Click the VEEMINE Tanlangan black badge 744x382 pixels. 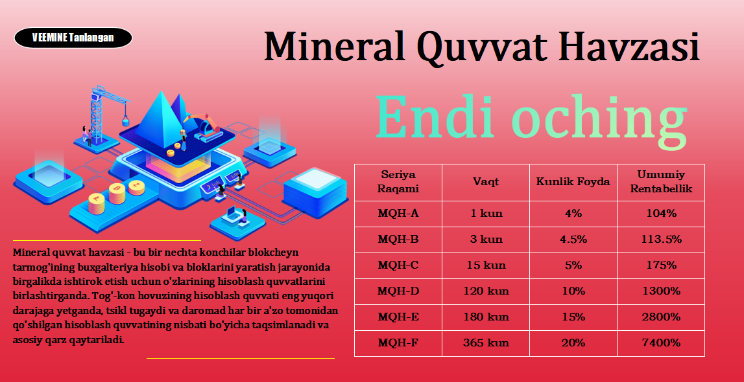click(73, 38)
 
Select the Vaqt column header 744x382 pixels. click(486, 182)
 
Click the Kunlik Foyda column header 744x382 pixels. click(573, 182)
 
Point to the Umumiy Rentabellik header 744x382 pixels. click(661, 182)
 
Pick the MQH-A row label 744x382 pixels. click(398, 214)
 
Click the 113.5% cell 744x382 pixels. click(661, 239)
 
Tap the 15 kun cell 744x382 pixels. click(486, 265)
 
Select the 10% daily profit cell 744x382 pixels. click(573, 291)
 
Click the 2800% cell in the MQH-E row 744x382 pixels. click(661, 317)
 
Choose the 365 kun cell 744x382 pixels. click(486, 343)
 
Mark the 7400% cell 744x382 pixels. click(661, 343)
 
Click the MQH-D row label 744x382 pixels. click(398, 291)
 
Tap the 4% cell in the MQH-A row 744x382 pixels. click(573, 214)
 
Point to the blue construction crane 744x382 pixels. click(102, 113)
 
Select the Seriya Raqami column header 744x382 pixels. click(398, 182)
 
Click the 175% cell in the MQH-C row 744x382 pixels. click(661, 265)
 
